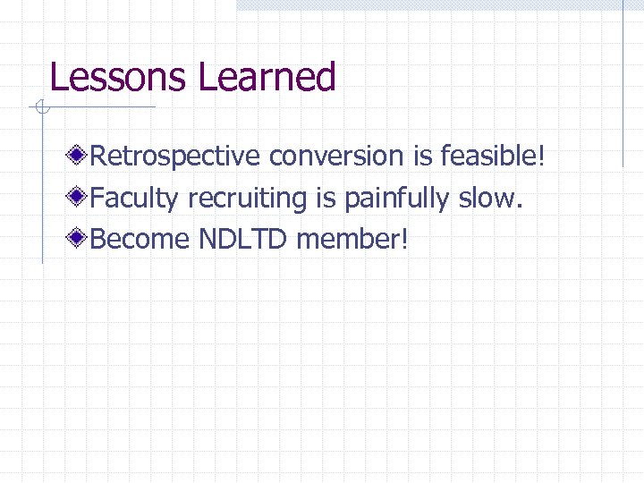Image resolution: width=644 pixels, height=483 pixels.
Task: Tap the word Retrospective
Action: [x=176, y=157]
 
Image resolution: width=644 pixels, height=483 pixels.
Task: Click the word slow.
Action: [x=490, y=198]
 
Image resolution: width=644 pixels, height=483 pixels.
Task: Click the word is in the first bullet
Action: [x=422, y=157]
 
